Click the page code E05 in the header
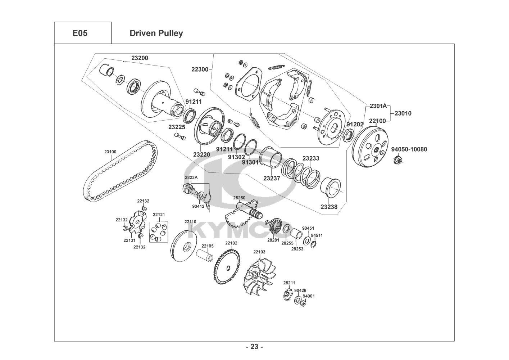pos(80,33)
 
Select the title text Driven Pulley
pos(156,33)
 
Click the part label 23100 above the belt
pos(110,152)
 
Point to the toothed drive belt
pos(121,171)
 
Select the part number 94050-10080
pos(409,149)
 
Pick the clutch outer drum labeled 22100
pos(370,148)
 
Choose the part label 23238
pos(329,207)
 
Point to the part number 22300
pos(200,69)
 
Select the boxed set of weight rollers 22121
pos(159,232)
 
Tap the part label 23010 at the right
pos(403,113)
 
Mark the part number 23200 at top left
pos(140,58)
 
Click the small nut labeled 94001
pos(303,303)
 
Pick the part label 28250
pos(239,198)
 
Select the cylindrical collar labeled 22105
pos(205,255)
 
